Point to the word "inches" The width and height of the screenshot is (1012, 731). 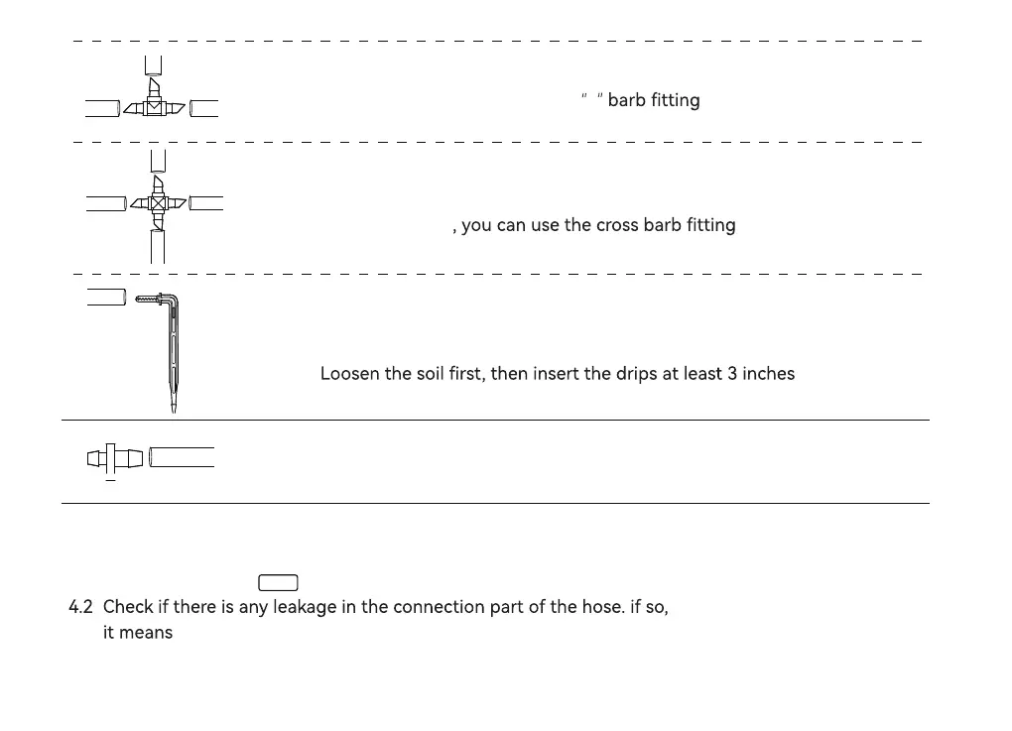(769, 374)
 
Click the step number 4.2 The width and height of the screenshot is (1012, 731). (80, 607)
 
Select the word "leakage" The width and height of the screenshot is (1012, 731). (305, 607)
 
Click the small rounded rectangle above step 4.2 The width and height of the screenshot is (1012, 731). (278, 583)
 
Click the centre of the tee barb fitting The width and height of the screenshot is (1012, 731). (154, 107)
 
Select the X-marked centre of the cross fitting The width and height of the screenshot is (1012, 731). (157, 203)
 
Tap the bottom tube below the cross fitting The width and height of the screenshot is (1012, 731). (157, 245)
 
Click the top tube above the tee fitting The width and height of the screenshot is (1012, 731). (153, 65)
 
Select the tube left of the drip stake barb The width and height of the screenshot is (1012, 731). (106, 296)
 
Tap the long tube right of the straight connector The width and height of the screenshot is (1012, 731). (182, 457)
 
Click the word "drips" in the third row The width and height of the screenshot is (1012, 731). (637, 374)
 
